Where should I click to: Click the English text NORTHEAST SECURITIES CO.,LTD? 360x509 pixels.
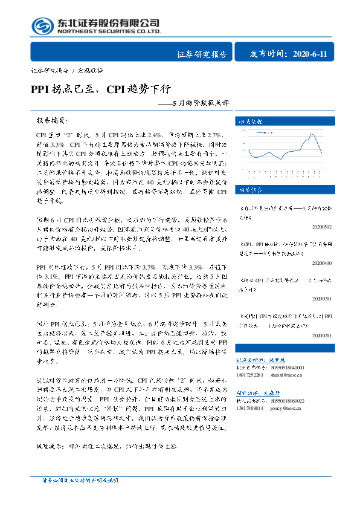[x=109, y=31]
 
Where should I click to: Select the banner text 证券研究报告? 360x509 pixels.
[x=202, y=54]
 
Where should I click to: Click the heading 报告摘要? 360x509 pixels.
[x=51, y=121]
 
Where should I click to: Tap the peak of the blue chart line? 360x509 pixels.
[x=312, y=134]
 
